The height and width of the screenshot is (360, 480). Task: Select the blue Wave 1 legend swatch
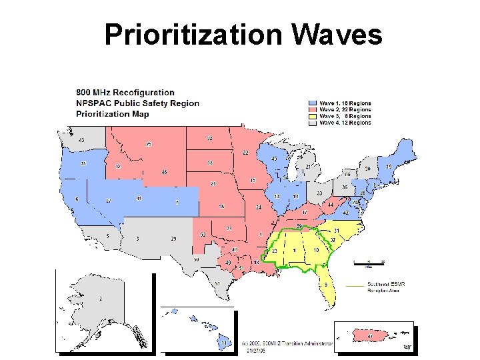313,103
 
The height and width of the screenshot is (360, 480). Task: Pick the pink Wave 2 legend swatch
313,110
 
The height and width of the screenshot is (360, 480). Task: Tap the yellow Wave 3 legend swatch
313,116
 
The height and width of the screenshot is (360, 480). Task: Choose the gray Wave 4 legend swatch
313,123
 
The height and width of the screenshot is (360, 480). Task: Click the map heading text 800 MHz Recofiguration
125,92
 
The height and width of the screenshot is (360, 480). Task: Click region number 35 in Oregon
83,163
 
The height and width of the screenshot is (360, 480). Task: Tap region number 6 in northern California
77,199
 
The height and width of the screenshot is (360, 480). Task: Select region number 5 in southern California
107,236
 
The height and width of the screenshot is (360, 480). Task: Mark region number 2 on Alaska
100,299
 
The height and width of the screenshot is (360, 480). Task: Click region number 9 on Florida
326,285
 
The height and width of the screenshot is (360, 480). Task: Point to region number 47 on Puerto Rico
370,337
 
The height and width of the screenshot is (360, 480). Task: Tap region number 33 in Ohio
320,193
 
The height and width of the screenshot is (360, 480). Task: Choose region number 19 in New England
388,167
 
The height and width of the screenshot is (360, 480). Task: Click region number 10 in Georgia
316,249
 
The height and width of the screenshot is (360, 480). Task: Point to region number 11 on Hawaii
224,343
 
